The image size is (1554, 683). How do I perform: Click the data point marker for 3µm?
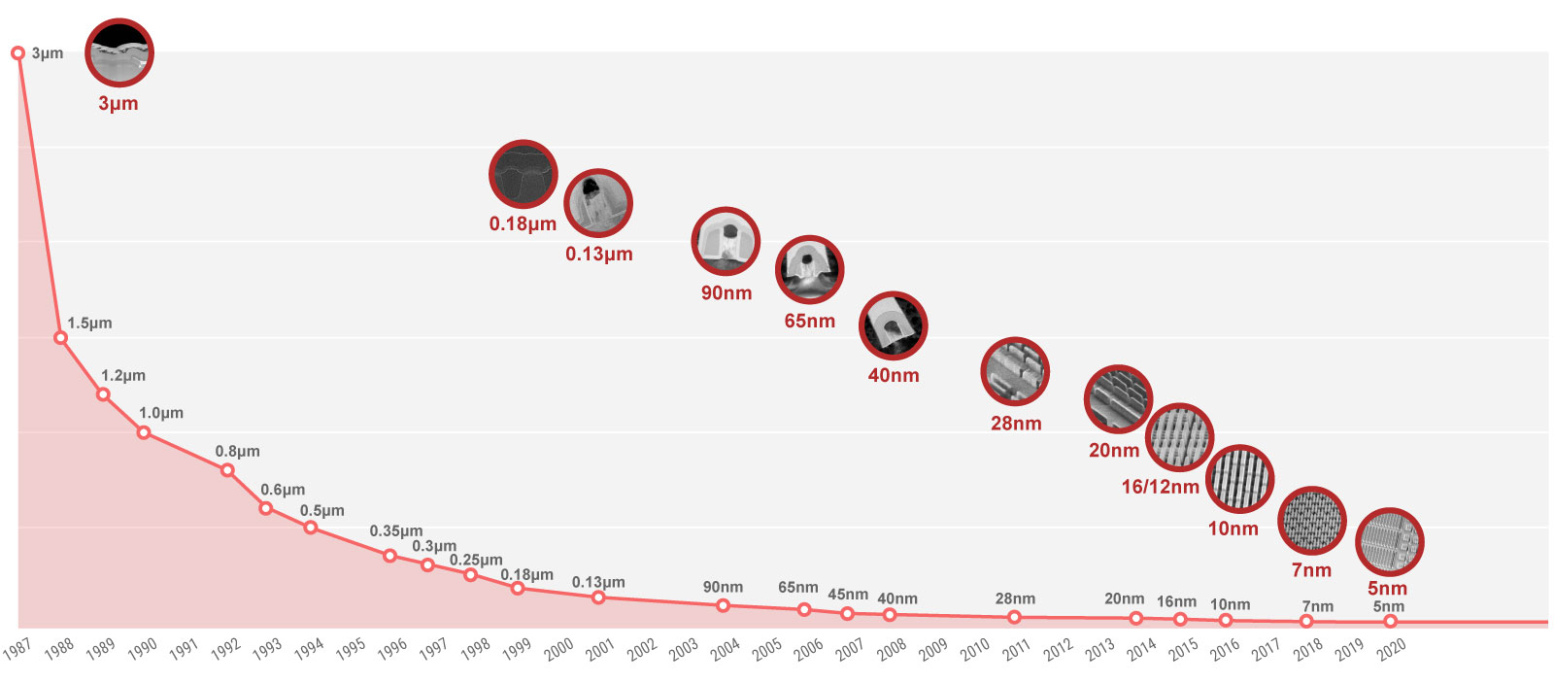point(17,53)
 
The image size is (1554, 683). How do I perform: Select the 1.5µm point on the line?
point(60,337)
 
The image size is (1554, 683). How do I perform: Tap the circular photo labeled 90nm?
point(726,241)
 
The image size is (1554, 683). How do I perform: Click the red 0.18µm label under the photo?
point(523,224)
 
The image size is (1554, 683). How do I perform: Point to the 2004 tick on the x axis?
point(725,649)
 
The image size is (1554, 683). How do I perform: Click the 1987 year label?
point(17,649)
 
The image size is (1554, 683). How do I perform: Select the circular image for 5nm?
point(1389,542)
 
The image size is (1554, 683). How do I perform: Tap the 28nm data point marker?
point(1014,617)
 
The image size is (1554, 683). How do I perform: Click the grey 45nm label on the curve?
point(848,595)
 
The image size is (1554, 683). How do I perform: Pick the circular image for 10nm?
point(1239,479)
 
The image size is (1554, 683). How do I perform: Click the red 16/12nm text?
point(1160,487)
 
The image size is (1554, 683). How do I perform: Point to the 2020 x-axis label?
point(1391,649)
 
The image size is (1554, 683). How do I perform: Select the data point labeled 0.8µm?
point(227,470)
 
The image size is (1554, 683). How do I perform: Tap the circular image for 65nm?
point(809,269)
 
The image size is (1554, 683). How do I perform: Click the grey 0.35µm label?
point(395,531)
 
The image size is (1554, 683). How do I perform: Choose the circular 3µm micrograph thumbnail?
point(118,52)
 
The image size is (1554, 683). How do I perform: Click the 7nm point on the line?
point(1306,621)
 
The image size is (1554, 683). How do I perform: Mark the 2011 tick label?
point(1016,649)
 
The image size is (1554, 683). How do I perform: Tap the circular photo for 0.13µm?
point(598,203)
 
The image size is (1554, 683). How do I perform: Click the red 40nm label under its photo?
point(894,375)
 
